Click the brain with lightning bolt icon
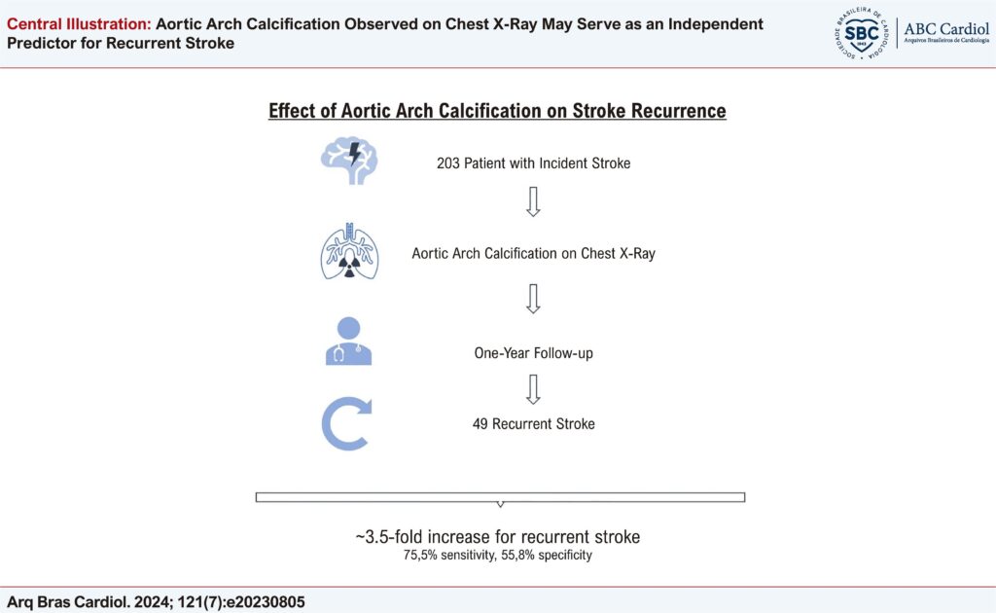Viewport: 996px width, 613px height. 348,162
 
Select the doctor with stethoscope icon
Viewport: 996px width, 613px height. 348,342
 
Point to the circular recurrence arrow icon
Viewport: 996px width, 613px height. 348,424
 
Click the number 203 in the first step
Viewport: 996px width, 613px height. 449,163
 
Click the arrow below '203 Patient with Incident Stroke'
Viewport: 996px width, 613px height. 532,200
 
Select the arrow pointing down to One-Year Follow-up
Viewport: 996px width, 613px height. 532,299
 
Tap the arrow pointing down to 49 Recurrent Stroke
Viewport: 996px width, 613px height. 532,388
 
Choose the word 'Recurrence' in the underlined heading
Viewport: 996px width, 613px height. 675,111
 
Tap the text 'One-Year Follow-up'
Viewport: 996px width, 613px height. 533,353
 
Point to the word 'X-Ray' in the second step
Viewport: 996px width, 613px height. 634,254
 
